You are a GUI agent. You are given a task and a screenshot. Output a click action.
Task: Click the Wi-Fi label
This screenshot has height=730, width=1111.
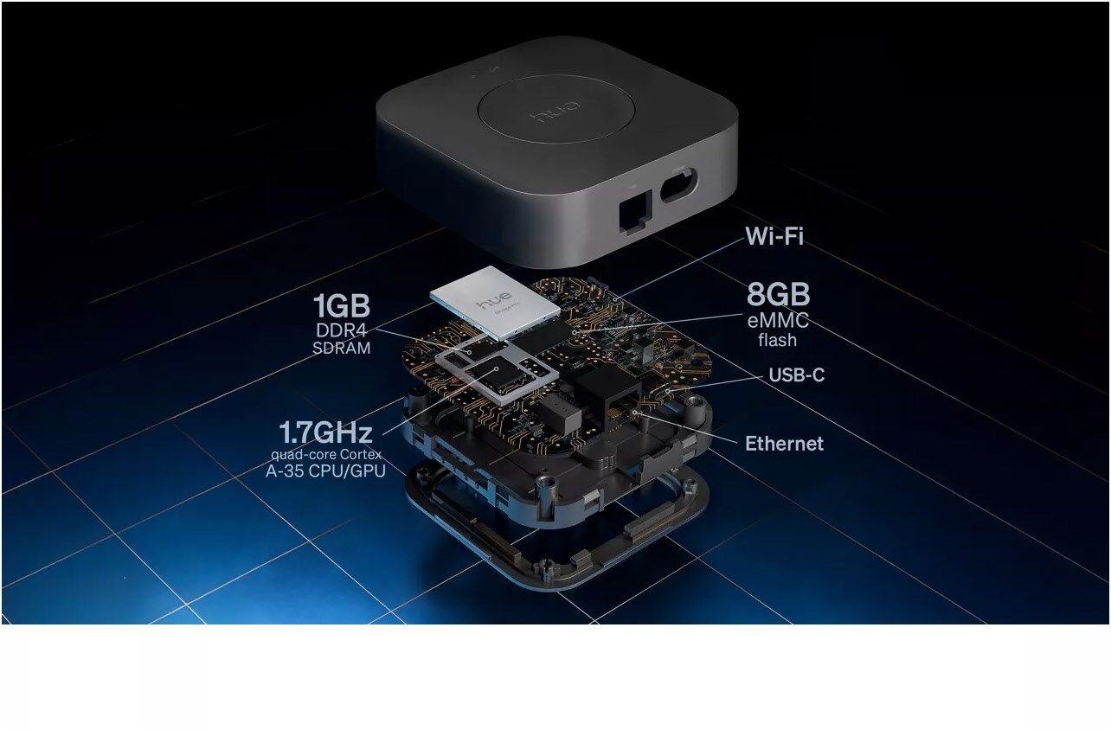pos(774,236)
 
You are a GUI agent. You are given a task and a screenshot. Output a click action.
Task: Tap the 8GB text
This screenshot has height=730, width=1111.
pos(778,295)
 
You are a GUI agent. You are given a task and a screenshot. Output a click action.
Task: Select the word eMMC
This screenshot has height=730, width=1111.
pos(778,320)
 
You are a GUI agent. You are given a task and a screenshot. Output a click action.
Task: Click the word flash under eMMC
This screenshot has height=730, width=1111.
pos(777,340)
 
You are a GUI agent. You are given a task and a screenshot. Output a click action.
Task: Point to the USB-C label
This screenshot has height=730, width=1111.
pos(797,375)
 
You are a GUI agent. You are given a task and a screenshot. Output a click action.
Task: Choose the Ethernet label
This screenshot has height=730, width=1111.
pos(784,444)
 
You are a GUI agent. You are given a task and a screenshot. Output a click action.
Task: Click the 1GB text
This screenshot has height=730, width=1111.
pos(341,305)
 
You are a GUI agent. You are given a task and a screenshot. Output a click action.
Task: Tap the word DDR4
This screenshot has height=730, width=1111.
pos(341,330)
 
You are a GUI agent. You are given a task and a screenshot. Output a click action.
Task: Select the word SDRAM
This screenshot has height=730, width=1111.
pos(341,348)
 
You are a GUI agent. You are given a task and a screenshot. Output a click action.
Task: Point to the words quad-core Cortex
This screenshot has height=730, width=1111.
pos(326,454)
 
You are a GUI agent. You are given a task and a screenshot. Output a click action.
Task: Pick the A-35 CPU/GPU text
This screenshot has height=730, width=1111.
pos(325,471)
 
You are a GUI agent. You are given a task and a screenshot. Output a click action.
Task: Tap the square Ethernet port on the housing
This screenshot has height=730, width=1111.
pos(635,212)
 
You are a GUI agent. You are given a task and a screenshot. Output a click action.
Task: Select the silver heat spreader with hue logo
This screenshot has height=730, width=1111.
pos(495,303)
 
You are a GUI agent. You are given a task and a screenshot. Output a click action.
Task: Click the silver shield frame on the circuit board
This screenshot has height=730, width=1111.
pos(497,372)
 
